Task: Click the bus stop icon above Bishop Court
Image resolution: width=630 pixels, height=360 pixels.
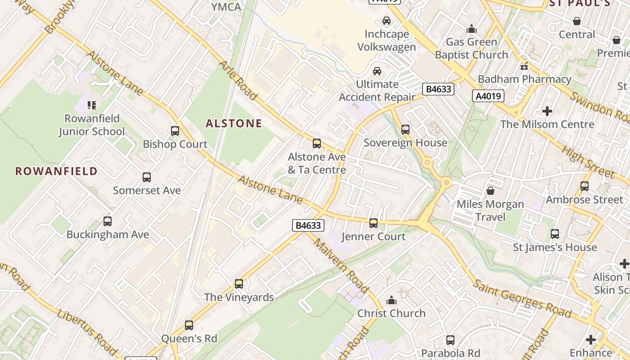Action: click(175, 131)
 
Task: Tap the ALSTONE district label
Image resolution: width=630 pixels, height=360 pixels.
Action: click(234, 123)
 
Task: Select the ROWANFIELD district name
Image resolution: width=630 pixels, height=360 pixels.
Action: click(56, 171)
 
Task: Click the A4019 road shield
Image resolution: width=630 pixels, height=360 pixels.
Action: click(488, 95)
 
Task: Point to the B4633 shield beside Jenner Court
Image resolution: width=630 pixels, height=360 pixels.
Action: click(308, 225)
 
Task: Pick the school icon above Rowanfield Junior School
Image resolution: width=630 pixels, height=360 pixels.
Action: click(92, 105)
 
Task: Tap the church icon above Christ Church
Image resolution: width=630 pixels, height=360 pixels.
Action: click(391, 300)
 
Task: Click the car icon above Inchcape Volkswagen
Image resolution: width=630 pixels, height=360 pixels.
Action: click(386, 21)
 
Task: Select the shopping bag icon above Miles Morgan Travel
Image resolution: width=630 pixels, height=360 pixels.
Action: click(490, 191)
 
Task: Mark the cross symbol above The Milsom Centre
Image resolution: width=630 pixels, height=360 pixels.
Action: click(547, 111)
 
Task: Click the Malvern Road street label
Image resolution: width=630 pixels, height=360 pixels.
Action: click(341, 265)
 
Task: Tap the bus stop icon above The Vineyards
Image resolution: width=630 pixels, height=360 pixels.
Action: click(239, 284)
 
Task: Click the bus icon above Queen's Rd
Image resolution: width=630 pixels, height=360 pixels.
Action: click(189, 325)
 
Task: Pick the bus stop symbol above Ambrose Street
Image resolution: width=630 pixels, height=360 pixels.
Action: click(585, 186)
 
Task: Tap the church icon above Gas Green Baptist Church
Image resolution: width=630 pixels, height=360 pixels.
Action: click(472, 29)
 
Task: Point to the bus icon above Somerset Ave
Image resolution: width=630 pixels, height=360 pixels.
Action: click(147, 177)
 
